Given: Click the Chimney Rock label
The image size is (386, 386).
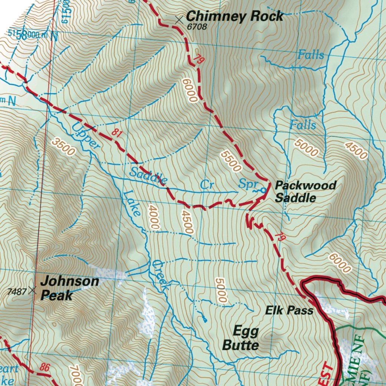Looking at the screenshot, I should (234, 16).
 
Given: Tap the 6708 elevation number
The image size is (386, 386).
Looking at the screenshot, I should (197, 27).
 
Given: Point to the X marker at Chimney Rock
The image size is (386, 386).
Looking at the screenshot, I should (179, 19).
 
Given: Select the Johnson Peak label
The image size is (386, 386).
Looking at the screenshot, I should (70, 288).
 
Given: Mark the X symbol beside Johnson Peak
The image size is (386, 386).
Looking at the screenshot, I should (33, 290).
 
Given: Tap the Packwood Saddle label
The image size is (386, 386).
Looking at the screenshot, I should (305, 191).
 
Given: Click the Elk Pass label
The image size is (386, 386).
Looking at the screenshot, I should (289, 311).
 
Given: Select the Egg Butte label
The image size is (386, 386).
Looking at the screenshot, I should (241, 338).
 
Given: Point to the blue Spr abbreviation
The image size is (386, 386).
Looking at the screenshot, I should (248, 184).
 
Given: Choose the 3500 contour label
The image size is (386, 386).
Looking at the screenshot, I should (63, 147).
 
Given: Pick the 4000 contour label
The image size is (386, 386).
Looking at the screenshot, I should (154, 217).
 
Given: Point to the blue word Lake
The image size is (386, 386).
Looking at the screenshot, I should (132, 204).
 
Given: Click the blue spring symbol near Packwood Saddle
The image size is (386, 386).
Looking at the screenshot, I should (263, 190).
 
